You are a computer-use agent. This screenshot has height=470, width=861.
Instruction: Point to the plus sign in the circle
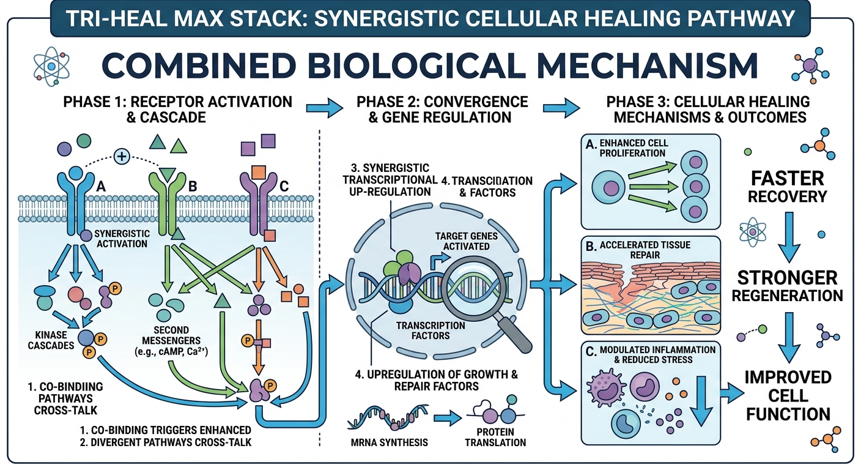tap(122, 157)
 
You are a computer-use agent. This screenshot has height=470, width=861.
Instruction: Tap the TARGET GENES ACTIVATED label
tap(462, 241)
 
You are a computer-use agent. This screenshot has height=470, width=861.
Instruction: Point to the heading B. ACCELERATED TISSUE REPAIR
tap(642, 249)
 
